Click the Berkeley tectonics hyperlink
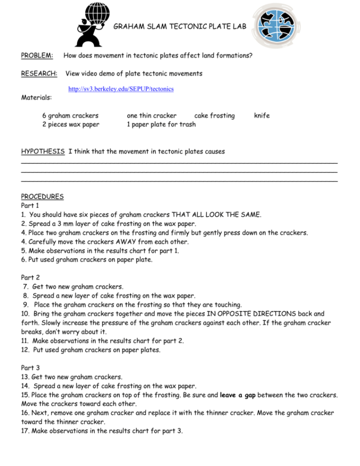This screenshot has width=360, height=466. [x=121, y=89]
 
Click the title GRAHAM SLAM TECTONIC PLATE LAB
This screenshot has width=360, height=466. [x=179, y=27]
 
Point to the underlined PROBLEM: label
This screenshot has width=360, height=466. [x=37, y=56]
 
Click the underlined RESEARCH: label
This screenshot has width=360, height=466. [x=39, y=74]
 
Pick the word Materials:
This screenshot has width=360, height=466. [x=37, y=98]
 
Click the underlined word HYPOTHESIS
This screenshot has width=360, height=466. [x=43, y=151]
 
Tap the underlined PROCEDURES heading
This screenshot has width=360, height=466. [x=42, y=196]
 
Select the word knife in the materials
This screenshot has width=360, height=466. [x=262, y=115]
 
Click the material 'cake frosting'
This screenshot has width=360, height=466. [x=214, y=115]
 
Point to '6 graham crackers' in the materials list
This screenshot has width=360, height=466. [x=70, y=115]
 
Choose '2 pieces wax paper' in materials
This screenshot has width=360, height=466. [x=71, y=124]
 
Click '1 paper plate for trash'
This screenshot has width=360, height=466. [x=161, y=124]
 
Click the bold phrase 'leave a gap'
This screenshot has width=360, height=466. [x=237, y=395]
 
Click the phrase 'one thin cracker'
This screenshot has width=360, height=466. [x=151, y=115]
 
